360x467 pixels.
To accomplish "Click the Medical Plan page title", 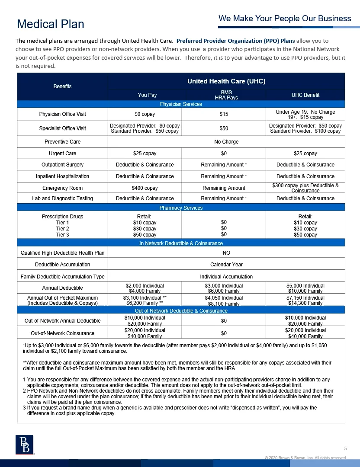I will pyautogui.click(x=50, y=24).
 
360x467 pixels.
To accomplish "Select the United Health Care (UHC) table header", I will pyautogui.click(x=226, y=81).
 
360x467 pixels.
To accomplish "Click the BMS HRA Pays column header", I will pyautogui.click(x=226, y=95).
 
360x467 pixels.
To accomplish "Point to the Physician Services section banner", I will pyautogui.click(x=181, y=104).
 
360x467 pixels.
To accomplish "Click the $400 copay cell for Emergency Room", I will pyautogui.click(x=145, y=188).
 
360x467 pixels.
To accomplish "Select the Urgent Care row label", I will pyautogui.click(x=62, y=154).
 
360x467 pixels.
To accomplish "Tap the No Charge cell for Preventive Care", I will pyautogui.click(x=226, y=142).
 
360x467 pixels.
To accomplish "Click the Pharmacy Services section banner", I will pyautogui.click(x=181, y=208).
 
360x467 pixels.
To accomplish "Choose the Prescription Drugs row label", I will pyautogui.click(x=62, y=217).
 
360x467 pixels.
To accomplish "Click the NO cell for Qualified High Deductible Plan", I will pyautogui.click(x=226, y=253).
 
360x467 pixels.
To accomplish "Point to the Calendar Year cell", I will pyautogui.click(x=226, y=264).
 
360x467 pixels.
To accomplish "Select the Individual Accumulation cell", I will pyautogui.click(x=226, y=276).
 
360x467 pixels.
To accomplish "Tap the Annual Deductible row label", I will pyautogui.click(x=62, y=288).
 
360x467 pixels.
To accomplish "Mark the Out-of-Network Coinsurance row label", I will pyautogui.click(x=62, y=333).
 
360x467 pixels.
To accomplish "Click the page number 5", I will pyautogui.click(x=345, y=448).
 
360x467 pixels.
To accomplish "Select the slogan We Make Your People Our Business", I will pyautogui.click(x=284, y=19).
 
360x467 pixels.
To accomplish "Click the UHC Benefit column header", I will pyautogui.click(x=305, y=95).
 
